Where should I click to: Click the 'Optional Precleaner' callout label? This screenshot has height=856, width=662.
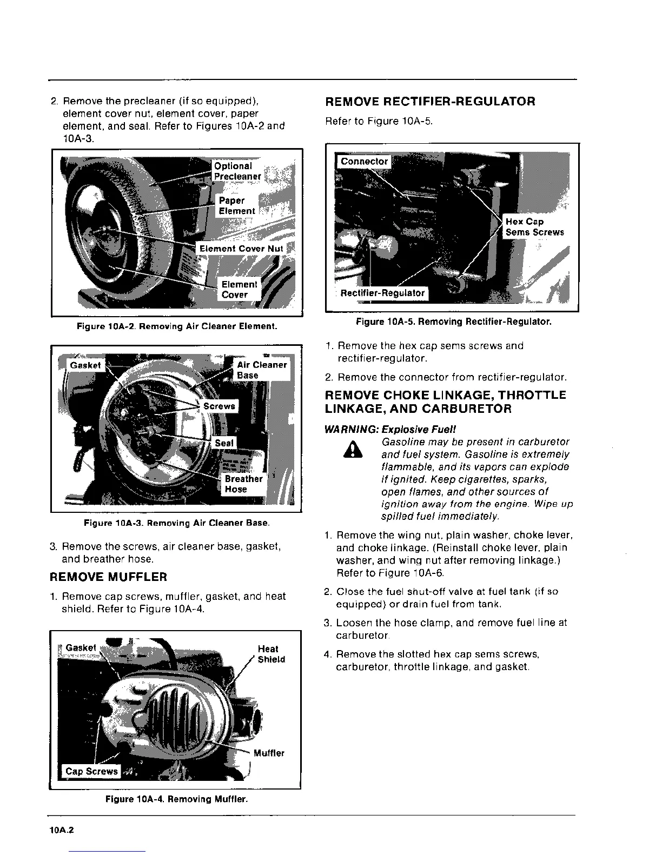click(x=237, y=171)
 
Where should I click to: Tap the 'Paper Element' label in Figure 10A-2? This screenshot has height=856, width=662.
click(x=236, y=206)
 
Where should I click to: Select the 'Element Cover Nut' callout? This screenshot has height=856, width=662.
click(x=241, y=249)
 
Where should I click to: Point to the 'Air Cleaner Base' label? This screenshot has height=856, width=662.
click(x=261, y=370)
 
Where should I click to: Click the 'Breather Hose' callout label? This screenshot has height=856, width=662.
click(x=243, y=484)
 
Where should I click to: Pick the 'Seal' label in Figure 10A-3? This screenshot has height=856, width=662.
click(x=224, y=443)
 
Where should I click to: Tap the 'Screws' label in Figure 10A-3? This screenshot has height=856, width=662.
click(x=219, y=406)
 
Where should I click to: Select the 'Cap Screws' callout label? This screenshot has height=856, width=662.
click(x=91, y=771)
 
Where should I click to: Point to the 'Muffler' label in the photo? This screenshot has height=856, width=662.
click(x=268, y=753)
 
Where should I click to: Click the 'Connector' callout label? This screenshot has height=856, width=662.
click(x=364, y=161)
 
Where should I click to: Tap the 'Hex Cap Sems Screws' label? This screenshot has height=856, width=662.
click(x=534, y=227)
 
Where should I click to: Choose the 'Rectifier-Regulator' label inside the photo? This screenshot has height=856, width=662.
click(x=382, y=293)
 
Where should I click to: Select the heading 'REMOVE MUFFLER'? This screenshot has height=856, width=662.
click(x=108, y=577)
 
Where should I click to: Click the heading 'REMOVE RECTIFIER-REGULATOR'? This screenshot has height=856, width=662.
click(x=430, y=101)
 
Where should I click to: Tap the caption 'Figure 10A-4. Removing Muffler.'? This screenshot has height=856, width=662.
click(x=176, y=799)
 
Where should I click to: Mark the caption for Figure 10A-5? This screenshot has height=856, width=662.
click(x=453, y=322)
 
